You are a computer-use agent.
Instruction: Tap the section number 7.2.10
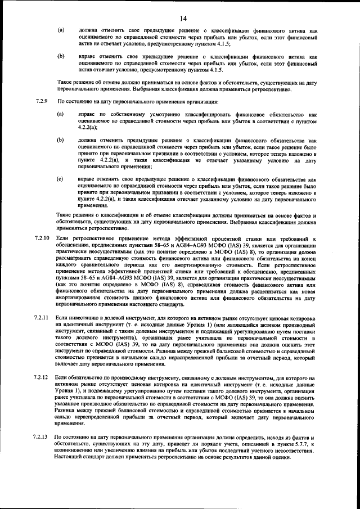42,240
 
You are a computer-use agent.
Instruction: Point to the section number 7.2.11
42,318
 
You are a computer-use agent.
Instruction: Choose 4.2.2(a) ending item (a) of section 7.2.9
88,128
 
